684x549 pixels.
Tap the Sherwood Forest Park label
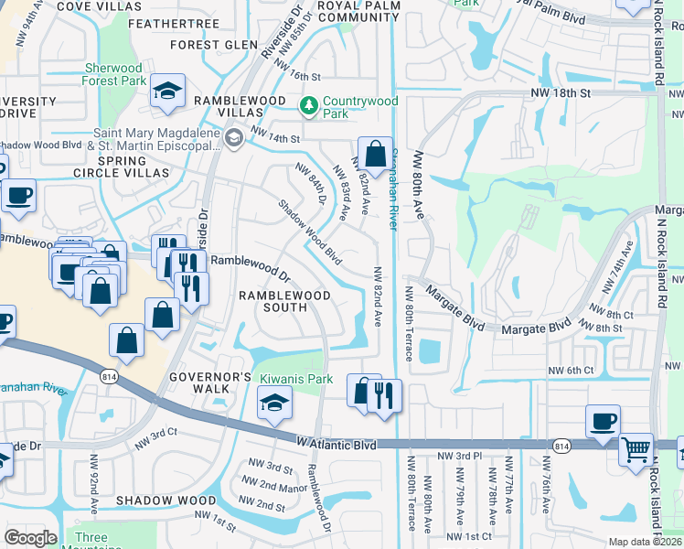coord(114,74)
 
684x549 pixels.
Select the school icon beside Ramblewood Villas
coord(167,91)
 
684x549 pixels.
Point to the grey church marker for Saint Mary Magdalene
coord(234,138)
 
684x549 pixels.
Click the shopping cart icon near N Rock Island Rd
coord(636,449)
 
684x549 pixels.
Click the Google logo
coord(30,538)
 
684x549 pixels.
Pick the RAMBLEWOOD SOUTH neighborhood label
coord(273,301)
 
